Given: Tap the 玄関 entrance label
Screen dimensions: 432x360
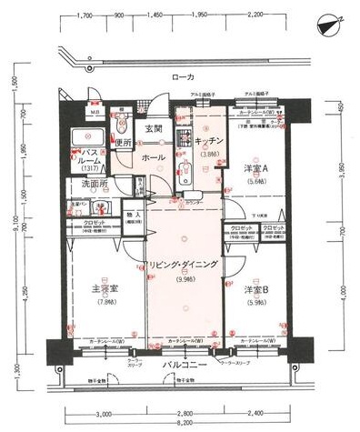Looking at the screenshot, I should coord(154,129).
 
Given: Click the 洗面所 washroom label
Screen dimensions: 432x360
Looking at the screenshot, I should coord(90,185).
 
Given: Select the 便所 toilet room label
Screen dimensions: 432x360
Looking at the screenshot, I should coord(124,143).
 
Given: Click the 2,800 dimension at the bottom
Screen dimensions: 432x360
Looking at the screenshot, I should coord(185,412).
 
